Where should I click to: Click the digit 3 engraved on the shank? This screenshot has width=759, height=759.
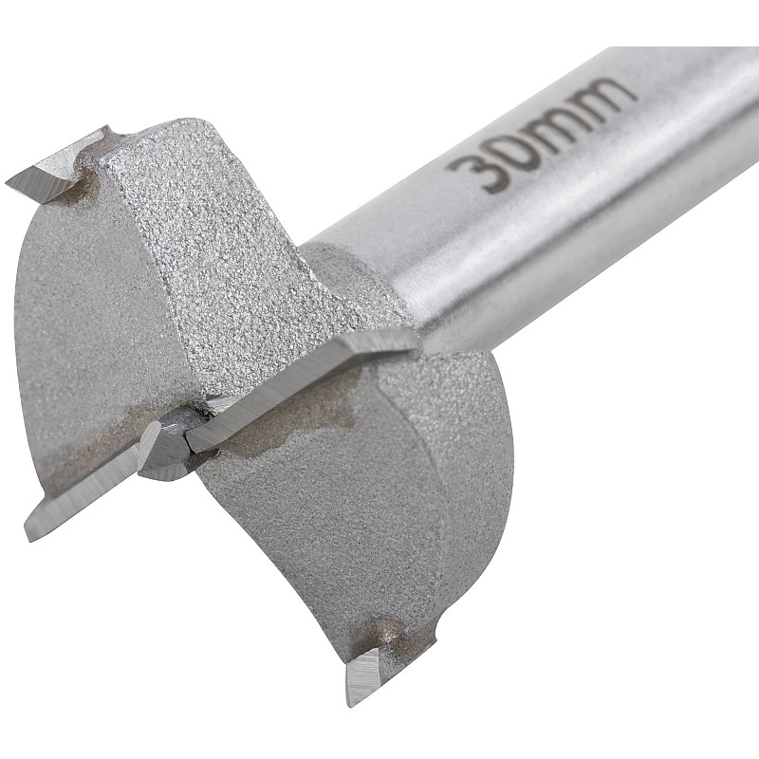pos(471,171)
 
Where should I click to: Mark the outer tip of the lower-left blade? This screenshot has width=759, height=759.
pos(30,535)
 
